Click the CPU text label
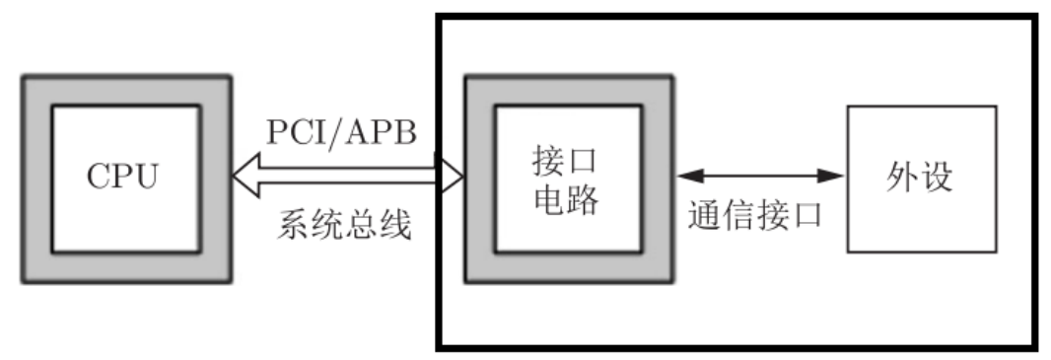123,179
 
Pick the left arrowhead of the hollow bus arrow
244,178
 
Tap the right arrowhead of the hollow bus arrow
453,178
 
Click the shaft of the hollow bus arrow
345,178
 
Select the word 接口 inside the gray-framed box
564,159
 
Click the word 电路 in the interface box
564,200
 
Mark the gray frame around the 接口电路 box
479,179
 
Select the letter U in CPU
148,179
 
